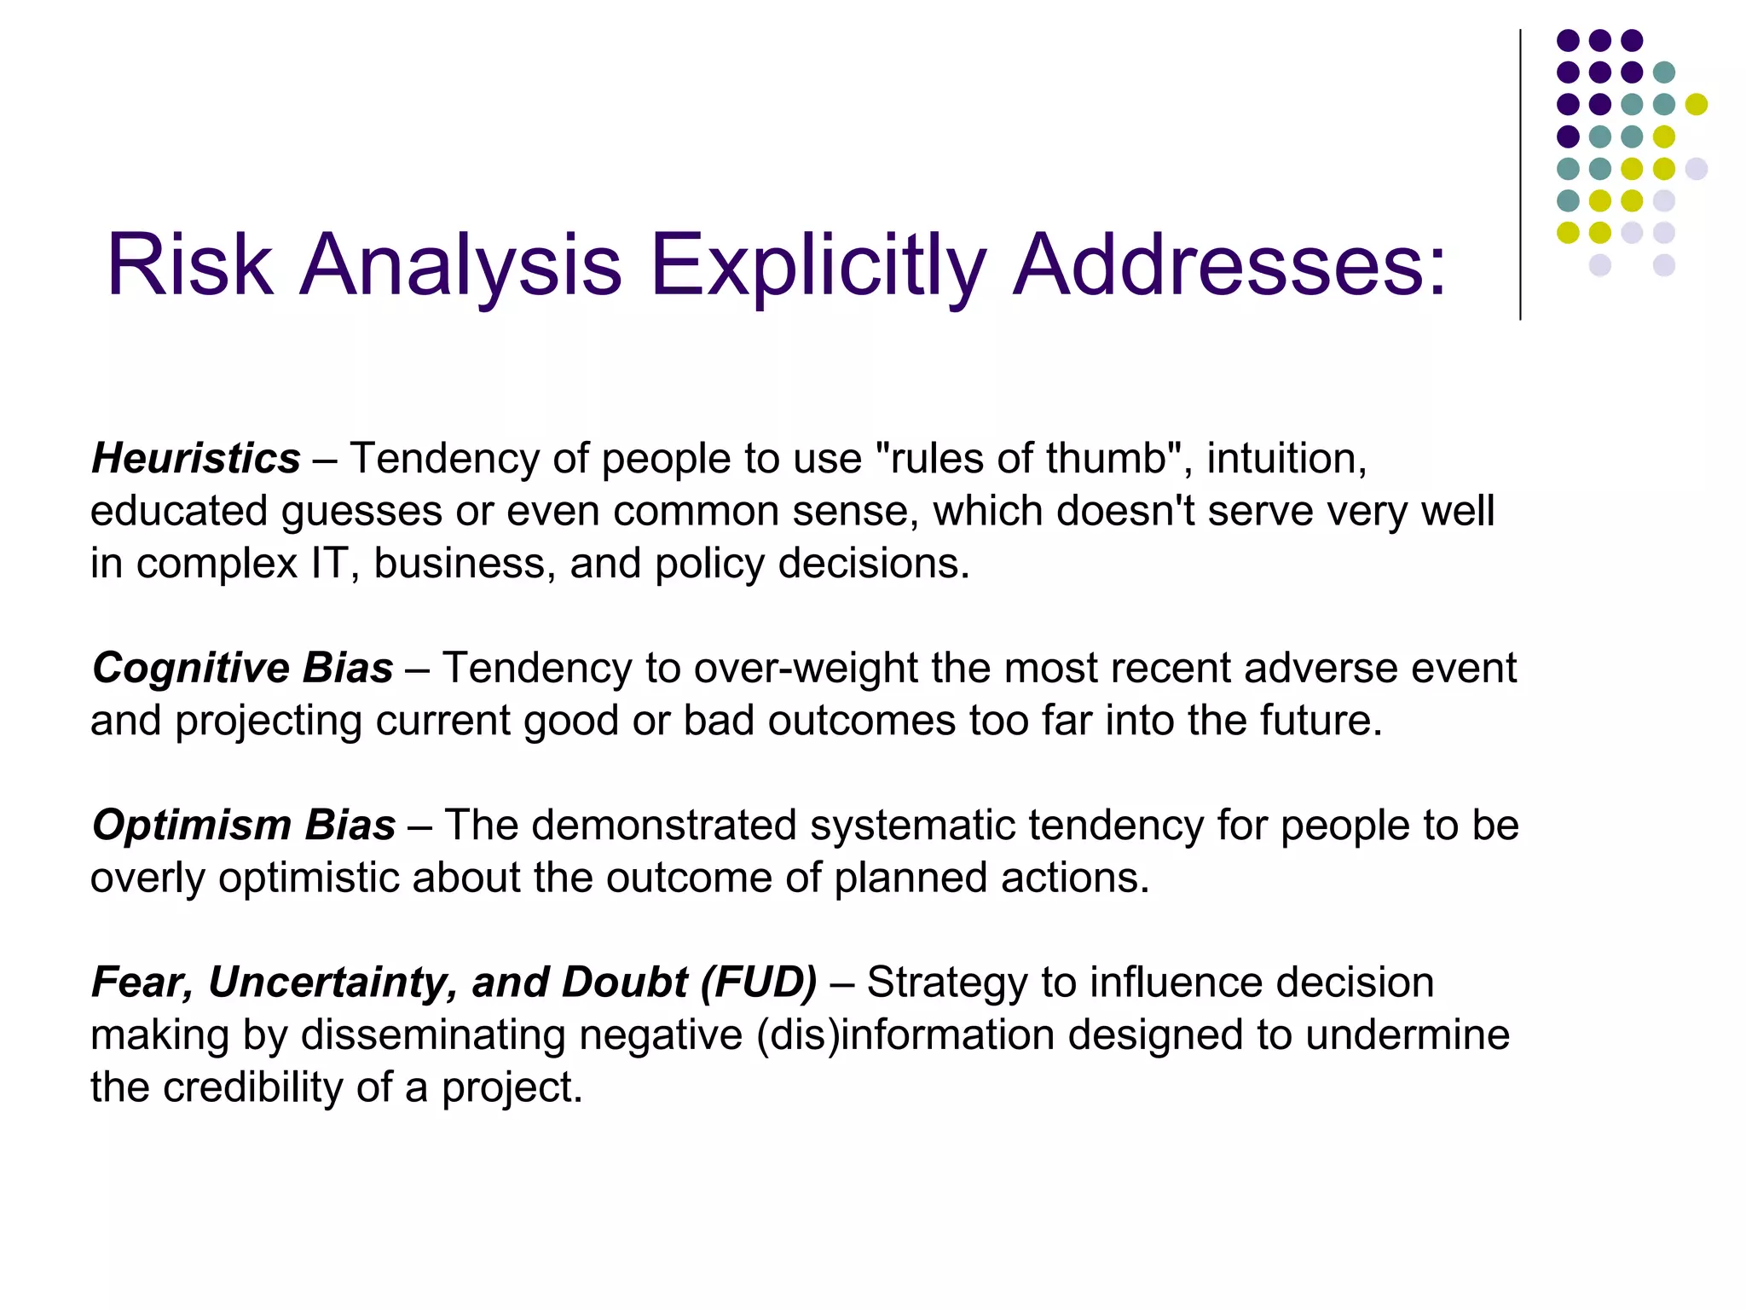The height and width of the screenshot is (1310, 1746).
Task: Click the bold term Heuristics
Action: pos(196,459)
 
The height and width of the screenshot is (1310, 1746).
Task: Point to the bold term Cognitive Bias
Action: pos(243,668)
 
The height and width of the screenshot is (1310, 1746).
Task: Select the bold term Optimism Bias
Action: pos(244,826)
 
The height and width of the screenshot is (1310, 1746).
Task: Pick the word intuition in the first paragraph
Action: pos(1286,459)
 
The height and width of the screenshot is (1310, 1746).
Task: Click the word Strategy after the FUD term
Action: pos(947,982)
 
